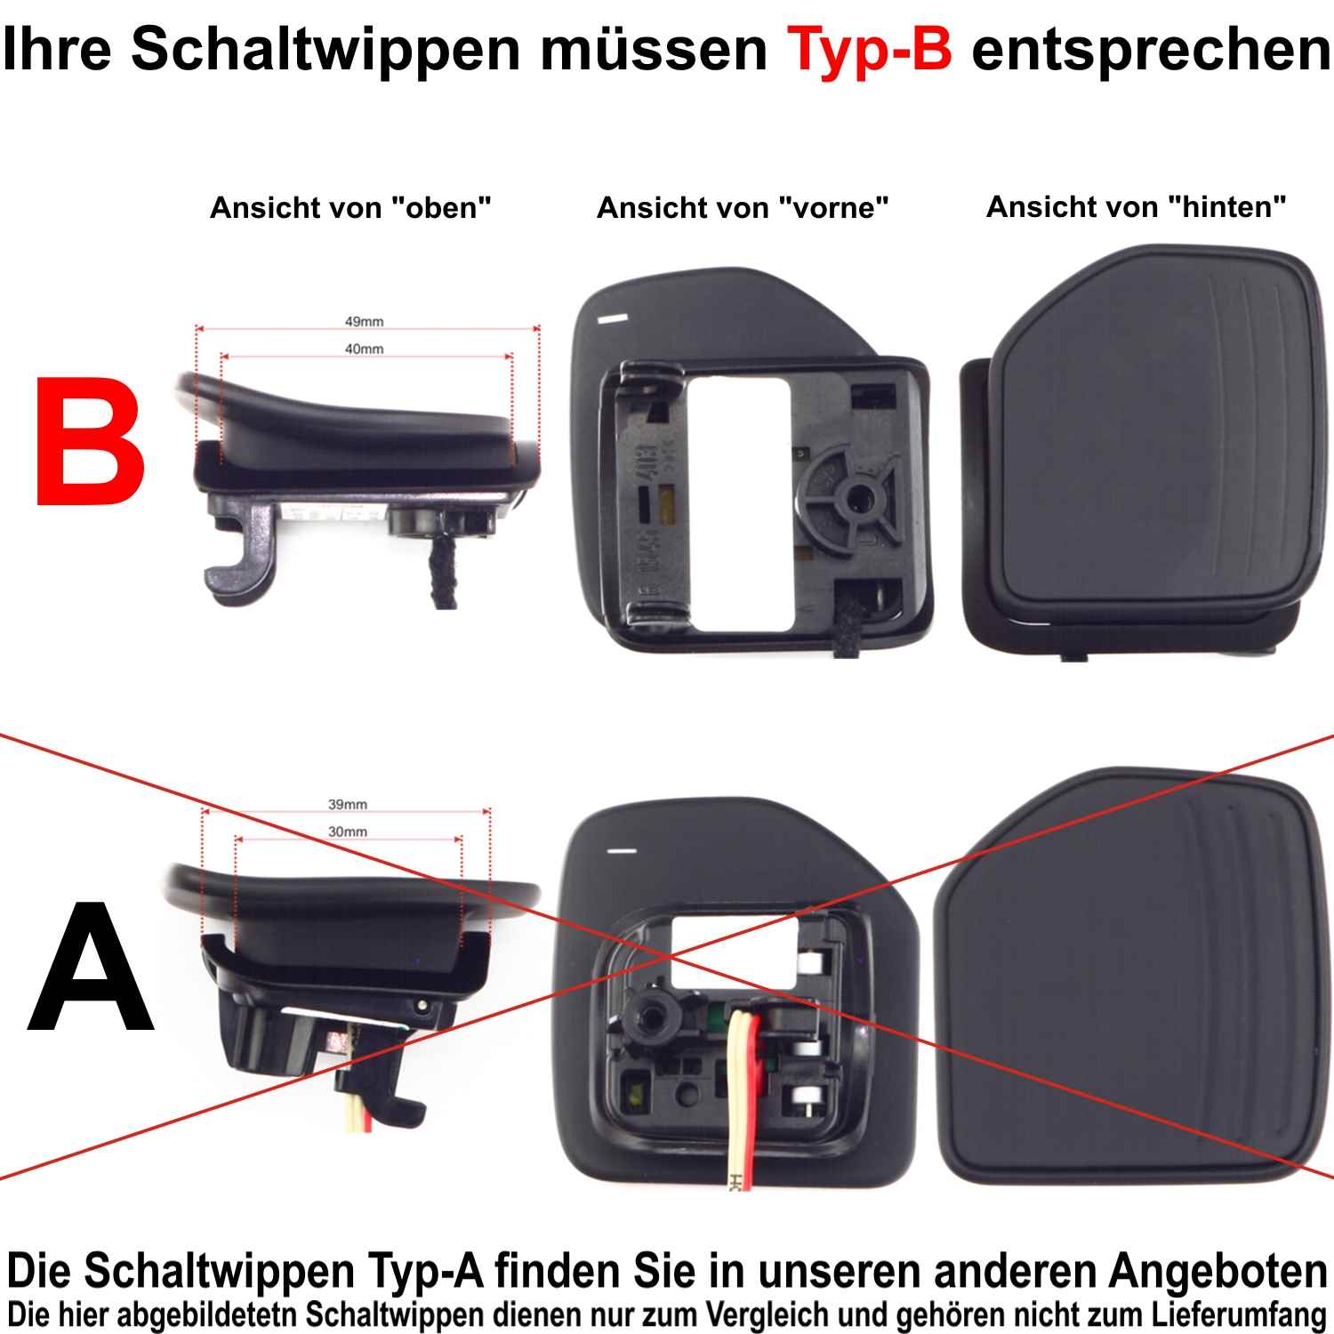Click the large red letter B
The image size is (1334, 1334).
tap(90, 441)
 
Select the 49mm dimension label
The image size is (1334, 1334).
tap(365, 321)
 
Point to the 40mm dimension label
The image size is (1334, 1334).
tap(365, 349)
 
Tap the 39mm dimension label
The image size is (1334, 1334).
tap(348, 804)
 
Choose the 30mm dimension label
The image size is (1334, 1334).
tap(348, 832)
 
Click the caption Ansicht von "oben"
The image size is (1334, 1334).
tap(350, 208)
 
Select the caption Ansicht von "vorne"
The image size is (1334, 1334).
tap(743, 208)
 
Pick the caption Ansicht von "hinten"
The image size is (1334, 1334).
tap(1137, 207)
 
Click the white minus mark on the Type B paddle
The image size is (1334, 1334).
tap(614, 318)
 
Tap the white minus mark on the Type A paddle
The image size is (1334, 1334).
tap(622, 851)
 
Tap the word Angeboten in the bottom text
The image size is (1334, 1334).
tap(1218, 1272)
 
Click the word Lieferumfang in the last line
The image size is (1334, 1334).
tap(1239, 1314)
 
